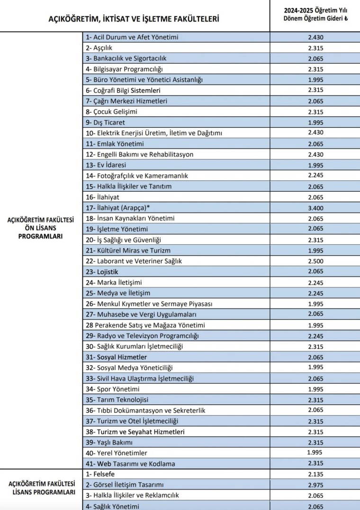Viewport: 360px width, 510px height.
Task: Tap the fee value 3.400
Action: click(315, 207)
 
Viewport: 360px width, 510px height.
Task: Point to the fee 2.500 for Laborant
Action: click(315, 261)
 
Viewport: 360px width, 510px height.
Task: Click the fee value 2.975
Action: click(315, 484)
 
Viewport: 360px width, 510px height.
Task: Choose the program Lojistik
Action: click(102, 272)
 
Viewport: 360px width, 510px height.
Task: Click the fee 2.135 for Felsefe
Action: click(315, 474)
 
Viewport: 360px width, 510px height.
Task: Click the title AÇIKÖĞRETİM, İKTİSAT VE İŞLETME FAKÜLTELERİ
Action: click(134, 19)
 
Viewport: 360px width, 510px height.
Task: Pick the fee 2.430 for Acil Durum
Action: click(315, 37)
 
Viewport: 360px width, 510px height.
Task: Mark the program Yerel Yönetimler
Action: click(117, 453)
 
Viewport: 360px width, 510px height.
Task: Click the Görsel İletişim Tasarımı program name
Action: click(125, 485)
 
